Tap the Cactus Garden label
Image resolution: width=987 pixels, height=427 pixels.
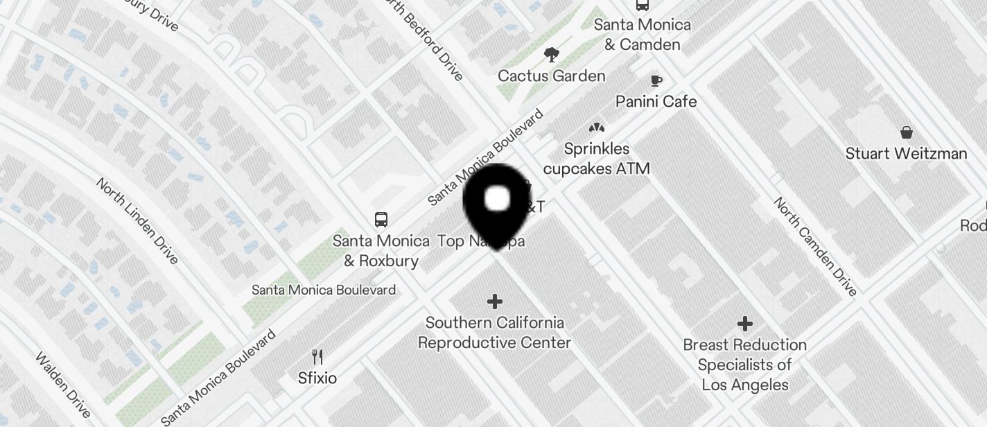point(551,76)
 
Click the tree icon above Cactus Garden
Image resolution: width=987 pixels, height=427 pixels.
point(552,54)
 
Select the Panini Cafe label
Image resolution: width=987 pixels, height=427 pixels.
point(656,101)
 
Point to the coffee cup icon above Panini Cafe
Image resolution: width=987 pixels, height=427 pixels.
point(656,80)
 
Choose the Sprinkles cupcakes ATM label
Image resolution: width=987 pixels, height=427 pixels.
point(596,159)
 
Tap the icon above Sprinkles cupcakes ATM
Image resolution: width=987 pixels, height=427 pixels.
point(596,128)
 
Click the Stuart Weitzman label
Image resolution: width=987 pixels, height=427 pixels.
point(906,153)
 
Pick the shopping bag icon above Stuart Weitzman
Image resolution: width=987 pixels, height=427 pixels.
point(906,132)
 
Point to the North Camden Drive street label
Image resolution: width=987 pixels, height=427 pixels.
point(816,246)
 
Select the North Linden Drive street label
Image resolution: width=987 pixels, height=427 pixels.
point(137,220)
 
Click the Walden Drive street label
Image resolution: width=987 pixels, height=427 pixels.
point(63,385)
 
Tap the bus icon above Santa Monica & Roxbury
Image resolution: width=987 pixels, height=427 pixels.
point(381,220)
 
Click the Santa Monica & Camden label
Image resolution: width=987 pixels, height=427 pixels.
point(642,35)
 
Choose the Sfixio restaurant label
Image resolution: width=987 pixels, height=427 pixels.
point(317,378)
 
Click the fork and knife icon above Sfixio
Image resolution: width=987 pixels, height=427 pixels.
point(317,357)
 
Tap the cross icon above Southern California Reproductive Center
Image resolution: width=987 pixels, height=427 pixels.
point(494,302)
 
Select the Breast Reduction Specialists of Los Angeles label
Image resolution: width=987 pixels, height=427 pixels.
point(744,365)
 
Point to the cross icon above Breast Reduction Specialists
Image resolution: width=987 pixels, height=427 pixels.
point(744,324)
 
